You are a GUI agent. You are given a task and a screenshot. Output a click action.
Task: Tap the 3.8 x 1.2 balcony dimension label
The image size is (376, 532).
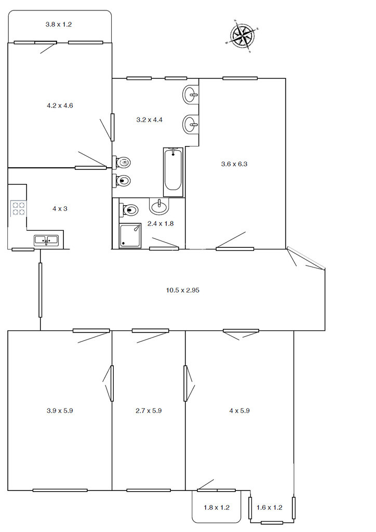tap(59, 24)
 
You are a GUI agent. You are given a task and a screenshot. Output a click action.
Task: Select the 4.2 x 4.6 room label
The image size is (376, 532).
tap(60, 105)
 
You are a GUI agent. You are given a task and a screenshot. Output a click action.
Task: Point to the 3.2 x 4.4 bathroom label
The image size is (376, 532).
tap(149, 120)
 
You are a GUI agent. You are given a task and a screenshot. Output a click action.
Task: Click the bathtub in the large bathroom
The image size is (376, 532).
tap(173, 172)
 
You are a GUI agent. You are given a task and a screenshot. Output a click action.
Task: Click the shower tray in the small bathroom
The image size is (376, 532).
tap(130, 235)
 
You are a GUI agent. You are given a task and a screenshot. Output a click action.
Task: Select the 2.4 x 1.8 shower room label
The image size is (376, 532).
tap(160, 223)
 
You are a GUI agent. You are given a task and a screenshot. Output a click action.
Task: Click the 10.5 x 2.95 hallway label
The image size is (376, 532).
tap(183, 290)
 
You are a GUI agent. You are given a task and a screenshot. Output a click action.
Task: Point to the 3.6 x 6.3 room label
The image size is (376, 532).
tap(234, 164)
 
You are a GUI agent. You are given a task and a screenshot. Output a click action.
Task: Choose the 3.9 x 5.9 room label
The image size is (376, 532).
tap(60, 411)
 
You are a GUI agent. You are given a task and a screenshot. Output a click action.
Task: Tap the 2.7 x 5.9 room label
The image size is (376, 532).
tap(149, 411)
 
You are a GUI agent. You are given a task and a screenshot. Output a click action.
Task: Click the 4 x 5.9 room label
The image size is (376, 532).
tap(239, 411)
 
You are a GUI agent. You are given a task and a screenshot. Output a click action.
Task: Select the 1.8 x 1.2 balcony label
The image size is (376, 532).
tap(217, 508)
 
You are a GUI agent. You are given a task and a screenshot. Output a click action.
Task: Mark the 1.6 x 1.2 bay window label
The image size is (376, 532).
tap(269, 508)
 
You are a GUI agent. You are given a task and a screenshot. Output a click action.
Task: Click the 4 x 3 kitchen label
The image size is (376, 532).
tap(60, 209)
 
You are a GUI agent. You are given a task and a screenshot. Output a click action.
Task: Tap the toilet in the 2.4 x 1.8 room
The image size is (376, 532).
tap(129, 210)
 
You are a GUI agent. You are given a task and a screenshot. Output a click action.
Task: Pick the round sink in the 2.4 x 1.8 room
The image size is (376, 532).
tap(159, 206)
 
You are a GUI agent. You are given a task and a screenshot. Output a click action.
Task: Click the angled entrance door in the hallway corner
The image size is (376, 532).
tap(306, 259)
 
